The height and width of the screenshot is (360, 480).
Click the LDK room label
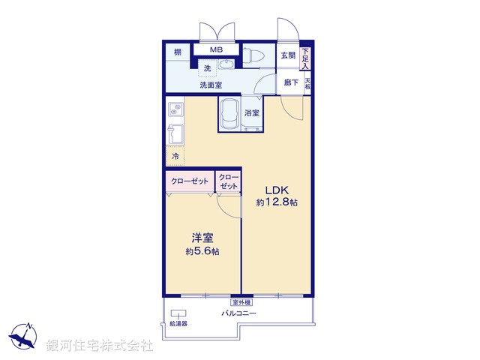pyautogui.click(x=271, y=189)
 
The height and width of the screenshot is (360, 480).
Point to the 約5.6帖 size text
pyautogui.click(x=202, y=251)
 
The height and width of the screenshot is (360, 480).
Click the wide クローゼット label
pyautogui.click(x=189, y=181)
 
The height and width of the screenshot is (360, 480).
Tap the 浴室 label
pyautogui.click(x=252, y=113)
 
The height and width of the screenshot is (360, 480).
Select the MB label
pyautogui.click(x=216, y=50)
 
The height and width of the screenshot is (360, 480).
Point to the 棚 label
pyautogui.click(x=177, y=52)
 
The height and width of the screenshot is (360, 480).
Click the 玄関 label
pyautogui.click(x=288, y=55)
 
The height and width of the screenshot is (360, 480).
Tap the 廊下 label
pyautogui.click(x=290, y=83)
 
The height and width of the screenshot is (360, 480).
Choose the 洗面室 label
pyautogui.click(x=210, y=85)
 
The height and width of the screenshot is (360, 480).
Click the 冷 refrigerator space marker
pyautogui.click(x=175, y=157)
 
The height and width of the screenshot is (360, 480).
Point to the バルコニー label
pyautogui.click(x=238, y=313)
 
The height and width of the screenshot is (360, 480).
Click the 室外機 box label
pyautogui.click(x=241, y=302)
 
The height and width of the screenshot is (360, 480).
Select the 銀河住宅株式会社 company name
pyautogui.click(x=99, y=345)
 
